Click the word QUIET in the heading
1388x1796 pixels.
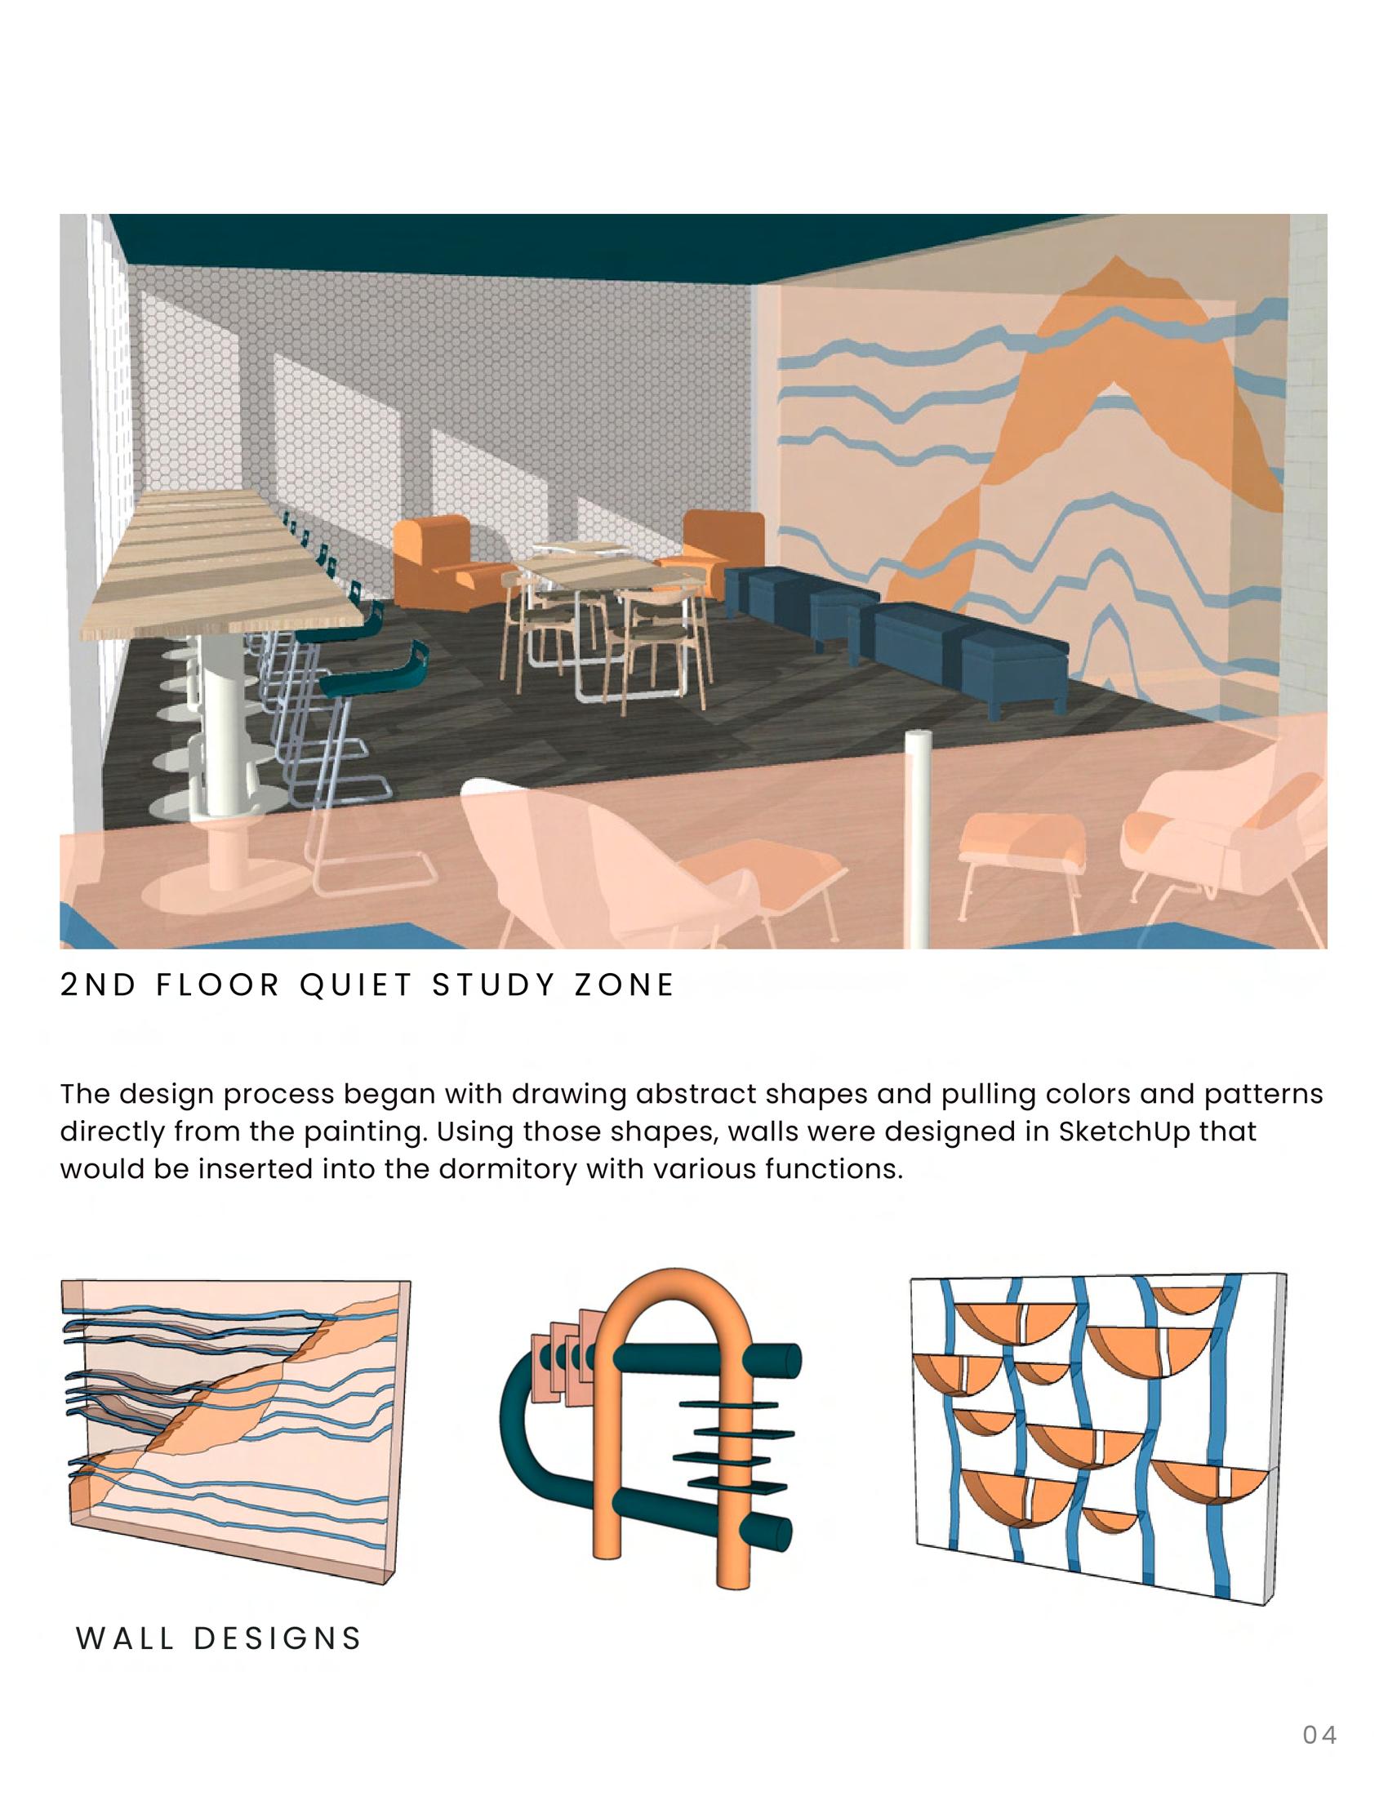[355, 985]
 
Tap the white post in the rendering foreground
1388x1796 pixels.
[919, 838]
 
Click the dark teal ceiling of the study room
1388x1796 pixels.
[576, 247]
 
